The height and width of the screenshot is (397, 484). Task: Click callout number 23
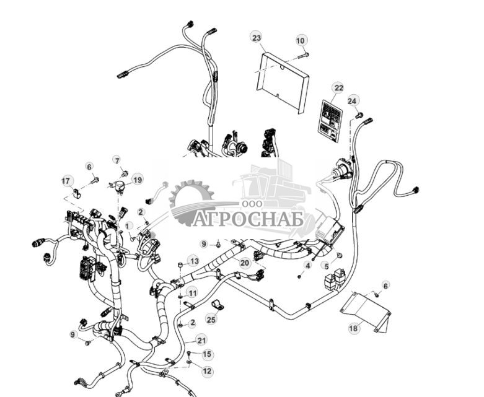[x=257, y=37]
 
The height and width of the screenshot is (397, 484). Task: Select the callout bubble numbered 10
[x=301, y=41]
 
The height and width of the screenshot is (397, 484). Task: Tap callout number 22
[x=338, y=87]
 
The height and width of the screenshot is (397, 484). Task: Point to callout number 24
[x=353, y=100]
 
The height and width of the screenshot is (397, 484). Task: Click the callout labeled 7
[x=116, y=160]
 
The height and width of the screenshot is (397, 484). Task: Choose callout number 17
[x=67, y=180]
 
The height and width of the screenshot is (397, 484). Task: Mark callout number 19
[x=137, y=180]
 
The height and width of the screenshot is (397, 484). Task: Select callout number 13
[x=194, y=261]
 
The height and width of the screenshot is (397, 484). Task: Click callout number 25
[x=211, y=320]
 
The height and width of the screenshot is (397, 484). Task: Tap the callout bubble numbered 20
[x=245, y=263]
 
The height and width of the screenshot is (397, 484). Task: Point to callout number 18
[x=353, y=328]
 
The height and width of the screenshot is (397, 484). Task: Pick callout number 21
[x=201, y=340]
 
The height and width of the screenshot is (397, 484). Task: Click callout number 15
[x=206, y=354]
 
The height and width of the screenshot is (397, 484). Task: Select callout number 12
[x=207, y=371]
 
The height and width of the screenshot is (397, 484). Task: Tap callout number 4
[x=307, y=265]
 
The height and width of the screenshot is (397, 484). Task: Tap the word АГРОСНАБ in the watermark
[x=248, y=219]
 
